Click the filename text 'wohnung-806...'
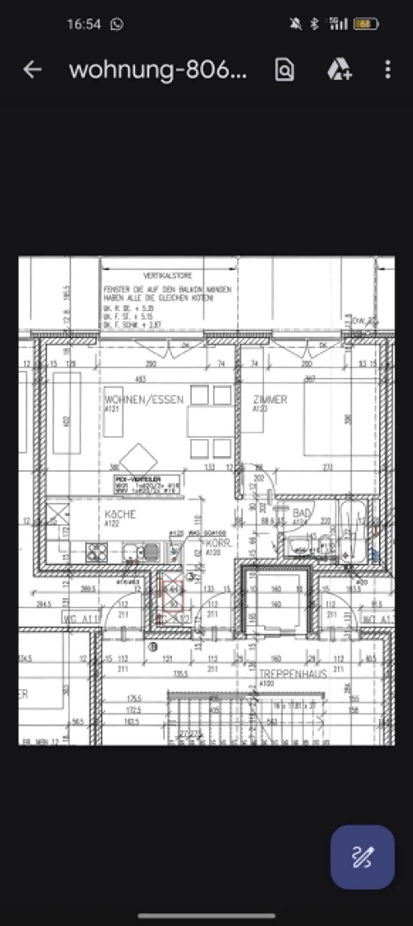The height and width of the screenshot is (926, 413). [x=158, y=69]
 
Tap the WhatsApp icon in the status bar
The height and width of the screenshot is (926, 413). [x=117, y=24]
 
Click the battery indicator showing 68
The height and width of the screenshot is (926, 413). [x=366, y=24]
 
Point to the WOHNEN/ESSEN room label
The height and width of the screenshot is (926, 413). [x=144, y=399]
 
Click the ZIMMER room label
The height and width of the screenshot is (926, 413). [x=270, y=399]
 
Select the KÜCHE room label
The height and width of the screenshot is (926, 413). [x=120, y=514]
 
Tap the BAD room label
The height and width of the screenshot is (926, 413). [x=301, y=513]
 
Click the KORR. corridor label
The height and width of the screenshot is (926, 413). [x=218, y=544]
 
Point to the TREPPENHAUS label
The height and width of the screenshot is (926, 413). [x=293, y=674]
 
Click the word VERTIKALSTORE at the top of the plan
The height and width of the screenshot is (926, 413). [x=168, y=276]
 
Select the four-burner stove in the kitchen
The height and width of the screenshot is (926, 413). [x=96, y=553]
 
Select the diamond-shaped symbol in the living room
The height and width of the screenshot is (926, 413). [x=138, y=461]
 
